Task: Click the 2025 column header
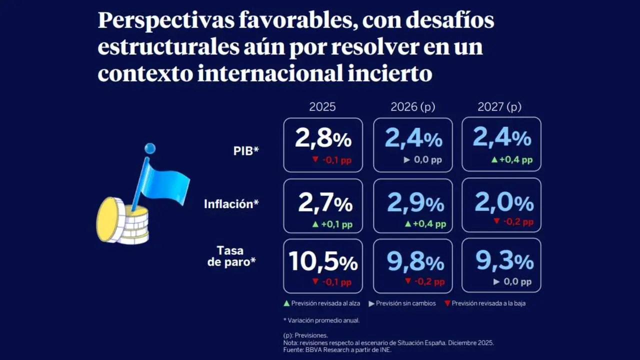click(x=322, y=106)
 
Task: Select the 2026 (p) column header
click(x=412, y=106)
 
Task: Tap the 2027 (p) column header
click(x=500, y=106)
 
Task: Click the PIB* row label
click(x=246, y=150)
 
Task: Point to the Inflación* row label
click(x=231, y=204)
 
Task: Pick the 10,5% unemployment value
click(x=323, y=261)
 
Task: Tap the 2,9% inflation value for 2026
click(x=415, y=203)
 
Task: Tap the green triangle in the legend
click(x=286, y=303)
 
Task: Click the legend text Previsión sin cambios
click(x=405, y=303)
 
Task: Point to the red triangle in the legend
click(x=447, y=303)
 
